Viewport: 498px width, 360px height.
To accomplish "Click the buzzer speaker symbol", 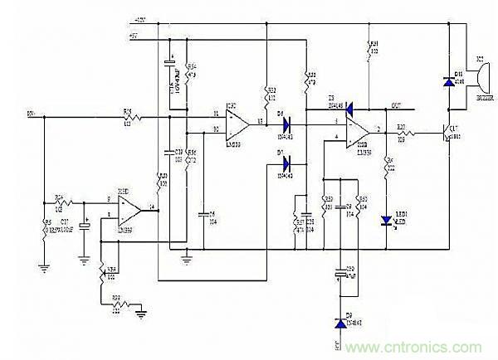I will (478, 79).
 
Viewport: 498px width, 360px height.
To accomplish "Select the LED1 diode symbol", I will (385, 220).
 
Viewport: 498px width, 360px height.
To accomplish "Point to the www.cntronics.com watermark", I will (420, 346).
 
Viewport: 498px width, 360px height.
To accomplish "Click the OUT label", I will (397, 105).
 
